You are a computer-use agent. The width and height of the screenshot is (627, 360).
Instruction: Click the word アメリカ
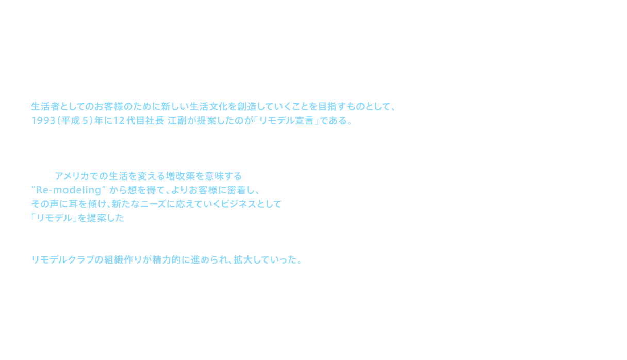click(x=74, y=176)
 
